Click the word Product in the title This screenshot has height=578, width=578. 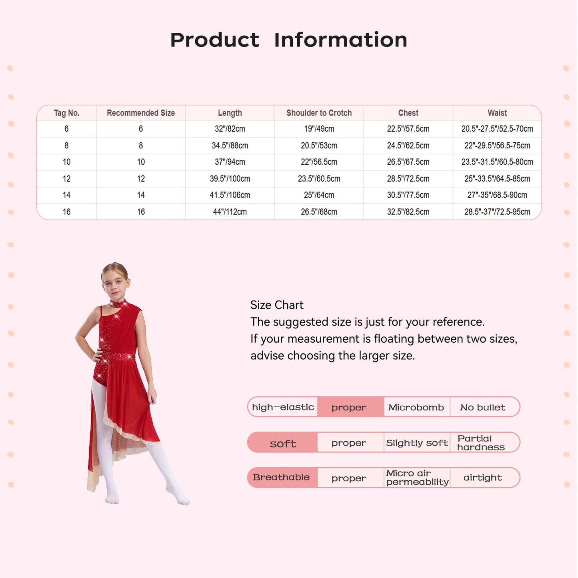click(x=215, y=40)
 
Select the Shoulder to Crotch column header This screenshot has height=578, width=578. click(x=319, y=113)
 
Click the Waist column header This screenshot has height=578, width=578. click(x=497, y=113)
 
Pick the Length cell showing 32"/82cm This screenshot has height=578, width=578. click(x=230, y=129)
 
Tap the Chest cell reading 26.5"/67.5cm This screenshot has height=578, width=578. click(x=408, y=162)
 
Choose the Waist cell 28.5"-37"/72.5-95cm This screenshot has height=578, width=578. click(x=497, y=212)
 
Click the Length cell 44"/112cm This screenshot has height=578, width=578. click(x=230, y=212)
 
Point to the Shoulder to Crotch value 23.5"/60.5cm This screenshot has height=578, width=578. click(x=319, y=179)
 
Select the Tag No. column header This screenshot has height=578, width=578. click(x=67, y=113)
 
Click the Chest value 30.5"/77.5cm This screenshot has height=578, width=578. click(x=408, y=195)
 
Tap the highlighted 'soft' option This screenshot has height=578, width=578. click(x=283, y=443)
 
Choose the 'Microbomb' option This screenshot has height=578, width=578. click(x=416, y=408)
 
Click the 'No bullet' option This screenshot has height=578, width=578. click(x=483, y=408)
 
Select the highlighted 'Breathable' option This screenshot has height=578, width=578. click(x=281, y=478)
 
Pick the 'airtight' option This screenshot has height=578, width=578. click(x=482, y=478)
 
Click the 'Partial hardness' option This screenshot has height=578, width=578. click(x=481, y=443)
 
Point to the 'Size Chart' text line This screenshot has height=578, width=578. click(x=277, y=305)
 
